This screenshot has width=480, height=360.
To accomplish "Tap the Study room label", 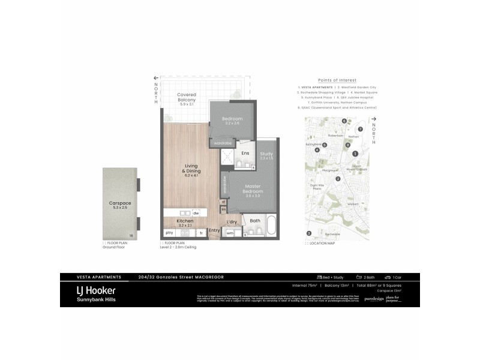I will [266, 154].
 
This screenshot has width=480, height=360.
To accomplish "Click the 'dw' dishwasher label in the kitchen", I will [196, 213].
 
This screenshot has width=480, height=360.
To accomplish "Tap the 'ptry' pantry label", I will [169, 232].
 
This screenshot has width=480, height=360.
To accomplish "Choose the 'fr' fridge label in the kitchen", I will [201, 232].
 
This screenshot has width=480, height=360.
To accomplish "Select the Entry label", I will [214, 230].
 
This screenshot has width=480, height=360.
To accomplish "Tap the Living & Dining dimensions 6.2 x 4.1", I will [191, 175].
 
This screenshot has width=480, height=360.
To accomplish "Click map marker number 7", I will [361, 129].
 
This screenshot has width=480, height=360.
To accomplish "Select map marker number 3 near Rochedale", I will [309, 233].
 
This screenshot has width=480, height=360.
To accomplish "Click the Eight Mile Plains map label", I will [316, 187].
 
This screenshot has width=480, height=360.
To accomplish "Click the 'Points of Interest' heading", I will [337, 80].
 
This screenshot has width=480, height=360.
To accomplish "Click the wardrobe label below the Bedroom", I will [222, 143].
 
